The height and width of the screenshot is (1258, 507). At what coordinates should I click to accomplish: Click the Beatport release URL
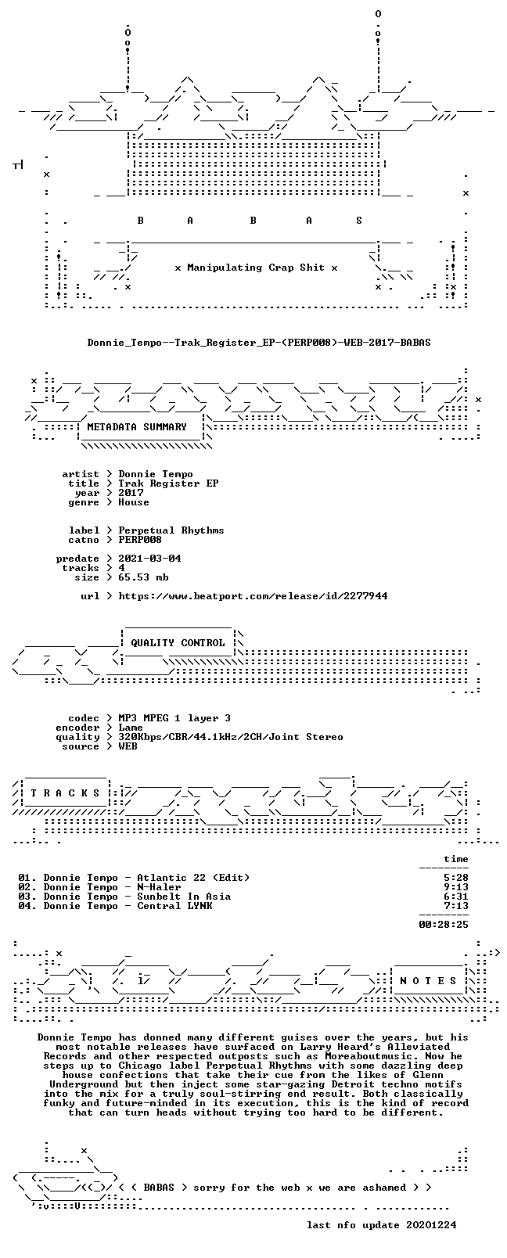point(253,596)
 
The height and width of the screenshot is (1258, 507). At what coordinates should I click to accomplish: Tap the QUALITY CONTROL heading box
point(178,643)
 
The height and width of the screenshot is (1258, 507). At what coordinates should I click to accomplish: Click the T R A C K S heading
point(65,793)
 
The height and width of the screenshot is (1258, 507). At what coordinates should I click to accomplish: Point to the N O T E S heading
point(429,980)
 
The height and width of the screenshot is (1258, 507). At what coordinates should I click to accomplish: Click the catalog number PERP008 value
point(140,540)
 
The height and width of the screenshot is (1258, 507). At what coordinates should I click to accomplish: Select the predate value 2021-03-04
point(149,559)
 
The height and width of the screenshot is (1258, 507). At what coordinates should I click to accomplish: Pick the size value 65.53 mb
point(143,577)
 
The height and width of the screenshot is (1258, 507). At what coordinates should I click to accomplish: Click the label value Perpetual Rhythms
point(171,530)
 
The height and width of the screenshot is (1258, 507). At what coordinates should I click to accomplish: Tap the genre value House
point(134,502)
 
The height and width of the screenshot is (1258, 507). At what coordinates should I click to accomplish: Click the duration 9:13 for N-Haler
point(455,887)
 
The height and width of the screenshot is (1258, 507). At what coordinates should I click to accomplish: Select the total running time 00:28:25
point(443,925)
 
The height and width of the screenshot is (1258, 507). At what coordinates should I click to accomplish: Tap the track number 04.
point(25,906)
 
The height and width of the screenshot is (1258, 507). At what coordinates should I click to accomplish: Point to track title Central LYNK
point(174,906)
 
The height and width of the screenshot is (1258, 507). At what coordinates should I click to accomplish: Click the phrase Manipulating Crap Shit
point(256,268)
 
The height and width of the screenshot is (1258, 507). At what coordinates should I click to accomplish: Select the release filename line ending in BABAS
point(259,343)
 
